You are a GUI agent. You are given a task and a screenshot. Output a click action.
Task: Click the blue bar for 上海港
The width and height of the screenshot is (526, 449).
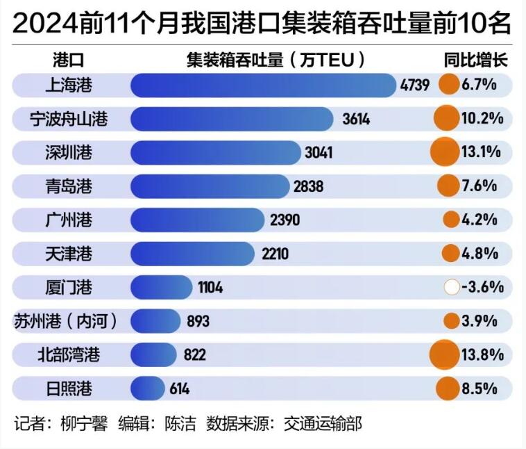point(264,85)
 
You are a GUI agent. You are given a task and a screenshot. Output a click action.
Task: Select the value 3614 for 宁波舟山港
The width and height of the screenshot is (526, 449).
point(356,119)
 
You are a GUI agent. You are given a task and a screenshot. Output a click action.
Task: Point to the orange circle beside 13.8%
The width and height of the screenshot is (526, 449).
point(444,354)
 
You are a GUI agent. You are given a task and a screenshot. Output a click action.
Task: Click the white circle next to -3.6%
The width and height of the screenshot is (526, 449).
point(452,287)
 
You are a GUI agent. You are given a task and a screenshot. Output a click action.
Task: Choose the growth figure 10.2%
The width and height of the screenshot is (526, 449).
point(482,119)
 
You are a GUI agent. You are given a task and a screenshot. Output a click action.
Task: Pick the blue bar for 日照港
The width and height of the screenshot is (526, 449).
point(147,389)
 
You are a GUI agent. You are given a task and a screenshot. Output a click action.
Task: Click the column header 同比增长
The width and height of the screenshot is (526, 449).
point(476,60)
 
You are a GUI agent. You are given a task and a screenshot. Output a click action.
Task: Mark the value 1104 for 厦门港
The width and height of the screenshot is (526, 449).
point(210,287)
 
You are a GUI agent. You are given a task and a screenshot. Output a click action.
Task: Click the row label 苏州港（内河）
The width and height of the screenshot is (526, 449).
point(66,321)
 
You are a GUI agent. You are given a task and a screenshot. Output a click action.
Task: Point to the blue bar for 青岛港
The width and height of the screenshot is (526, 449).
point(209,186)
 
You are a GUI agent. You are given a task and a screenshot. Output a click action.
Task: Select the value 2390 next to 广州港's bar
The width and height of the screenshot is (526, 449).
point(285,220)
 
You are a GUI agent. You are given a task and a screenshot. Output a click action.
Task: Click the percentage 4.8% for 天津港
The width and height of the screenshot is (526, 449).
point(480,254)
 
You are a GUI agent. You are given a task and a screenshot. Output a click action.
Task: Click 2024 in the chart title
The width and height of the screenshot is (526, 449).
point(44,25)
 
